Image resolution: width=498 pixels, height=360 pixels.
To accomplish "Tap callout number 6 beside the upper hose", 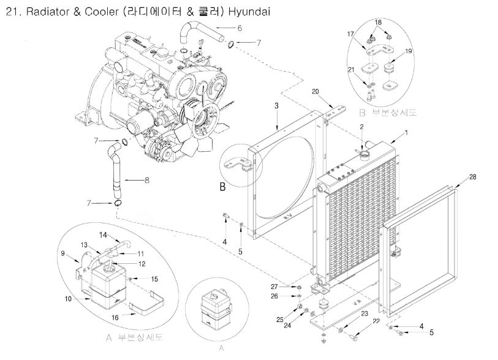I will pyautogui.click(x=240, y=28).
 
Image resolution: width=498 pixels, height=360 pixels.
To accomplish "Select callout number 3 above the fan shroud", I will pyautogui.click(x=276, y=106).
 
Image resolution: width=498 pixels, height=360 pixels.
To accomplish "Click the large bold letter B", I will pyautogui.click(x=223, y=187).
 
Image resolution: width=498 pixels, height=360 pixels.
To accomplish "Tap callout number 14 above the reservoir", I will pyautogui.click(x=104, y=234).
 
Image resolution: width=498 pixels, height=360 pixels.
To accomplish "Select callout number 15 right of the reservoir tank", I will pyautogui.click(x=154, y=279).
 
